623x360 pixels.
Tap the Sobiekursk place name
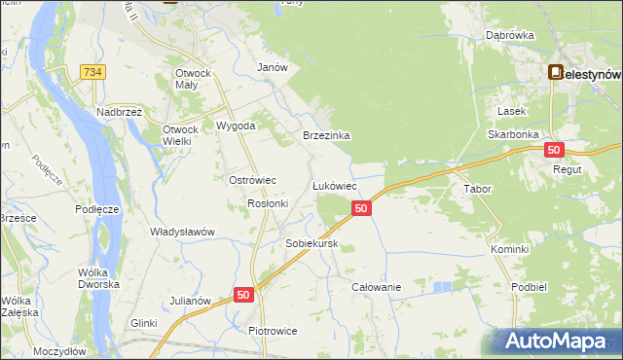(x=311, y=243)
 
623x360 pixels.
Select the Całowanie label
(x=377, y=287)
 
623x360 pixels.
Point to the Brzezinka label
(x=326, y=136)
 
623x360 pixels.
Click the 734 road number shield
(x=93, y=72)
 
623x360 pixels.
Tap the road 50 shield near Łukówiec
(x=361, y=208)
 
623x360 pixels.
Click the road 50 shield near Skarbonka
(x=554, y=150)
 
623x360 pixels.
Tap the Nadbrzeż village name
(x=120, y=112)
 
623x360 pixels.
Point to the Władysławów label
(x=181, y=232)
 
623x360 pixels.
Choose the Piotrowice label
(x=273, y=331)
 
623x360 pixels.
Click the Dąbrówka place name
(x=510, y=36)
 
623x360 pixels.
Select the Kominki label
(x=509, y=249)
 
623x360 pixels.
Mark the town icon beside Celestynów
(x=556, y=72)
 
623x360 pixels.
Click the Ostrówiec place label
(x=253, y=180)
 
